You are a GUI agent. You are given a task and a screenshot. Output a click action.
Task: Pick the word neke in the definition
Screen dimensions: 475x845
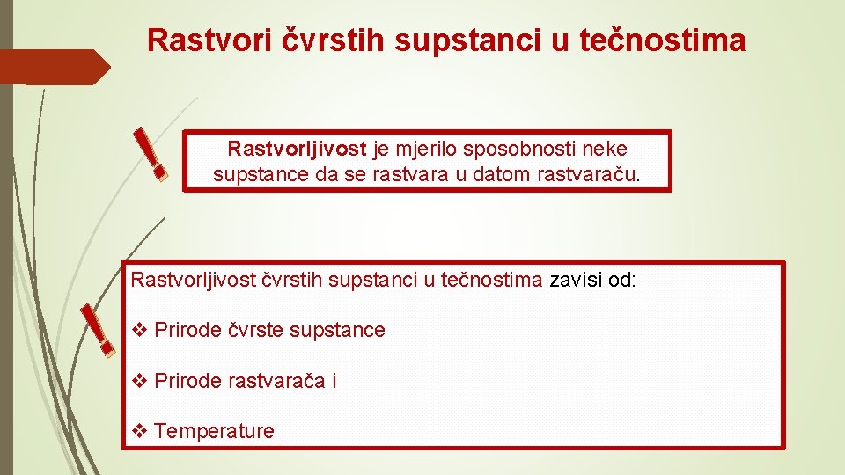[606, 149]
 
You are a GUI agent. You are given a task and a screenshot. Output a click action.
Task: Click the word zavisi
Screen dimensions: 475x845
[577, 281]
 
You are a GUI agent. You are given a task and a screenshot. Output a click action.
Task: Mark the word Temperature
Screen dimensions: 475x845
[214, 431]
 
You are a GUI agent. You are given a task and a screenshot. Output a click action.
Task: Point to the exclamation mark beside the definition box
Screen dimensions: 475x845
[150, 153]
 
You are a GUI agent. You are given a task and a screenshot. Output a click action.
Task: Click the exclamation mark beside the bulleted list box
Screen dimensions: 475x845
[97, 330]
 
